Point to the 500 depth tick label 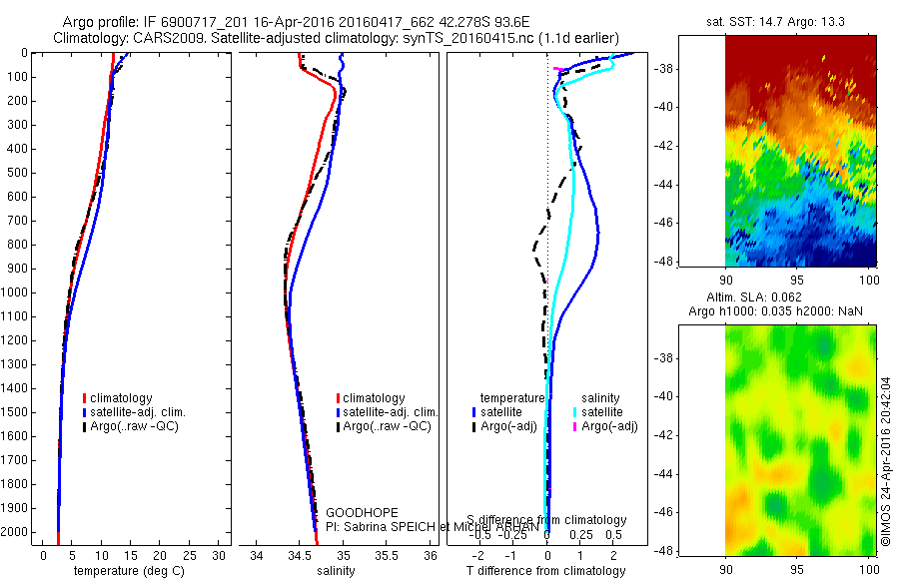click(14, 173)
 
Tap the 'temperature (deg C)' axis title click(125, 571)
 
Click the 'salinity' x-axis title click(335, 571)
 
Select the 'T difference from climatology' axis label click(546, 571)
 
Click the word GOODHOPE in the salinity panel click(355, 512)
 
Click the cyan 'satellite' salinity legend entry click(602, 411)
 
